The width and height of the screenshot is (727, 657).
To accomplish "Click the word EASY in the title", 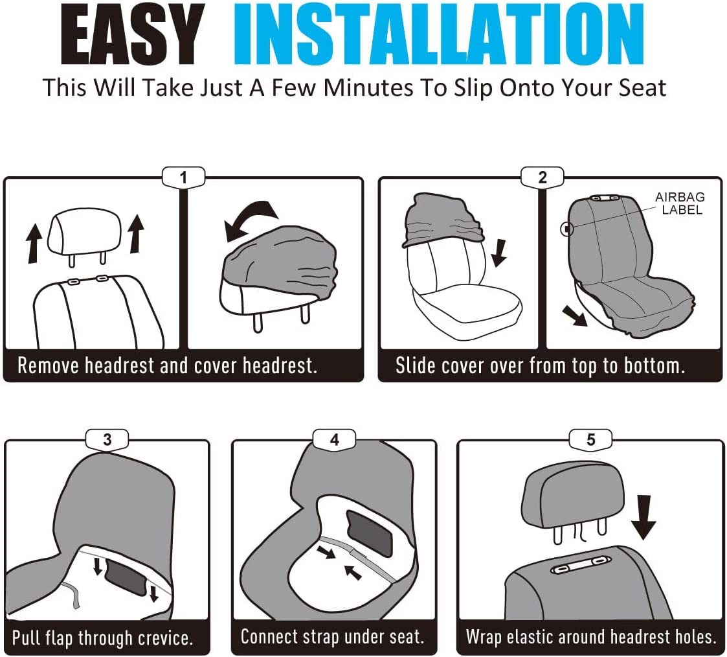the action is [133, 34].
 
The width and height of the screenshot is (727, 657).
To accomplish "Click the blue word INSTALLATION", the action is [439, 34].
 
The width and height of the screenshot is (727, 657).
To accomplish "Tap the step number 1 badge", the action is [184, 178].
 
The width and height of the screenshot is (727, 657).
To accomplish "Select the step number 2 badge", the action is [542, 178].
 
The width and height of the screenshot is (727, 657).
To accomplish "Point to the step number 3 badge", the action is [107, 439].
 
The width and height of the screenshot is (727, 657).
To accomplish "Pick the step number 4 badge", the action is [334, 439].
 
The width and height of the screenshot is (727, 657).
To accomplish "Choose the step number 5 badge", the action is [590, 439].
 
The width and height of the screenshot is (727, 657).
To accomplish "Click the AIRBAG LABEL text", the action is [680, 203].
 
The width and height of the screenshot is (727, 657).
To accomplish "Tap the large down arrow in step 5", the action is [643, 517].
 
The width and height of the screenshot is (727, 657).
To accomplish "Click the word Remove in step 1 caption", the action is [48, 365].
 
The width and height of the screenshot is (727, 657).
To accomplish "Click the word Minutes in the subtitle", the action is [368, 87].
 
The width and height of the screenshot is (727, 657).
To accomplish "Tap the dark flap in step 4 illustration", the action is [370, 533].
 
